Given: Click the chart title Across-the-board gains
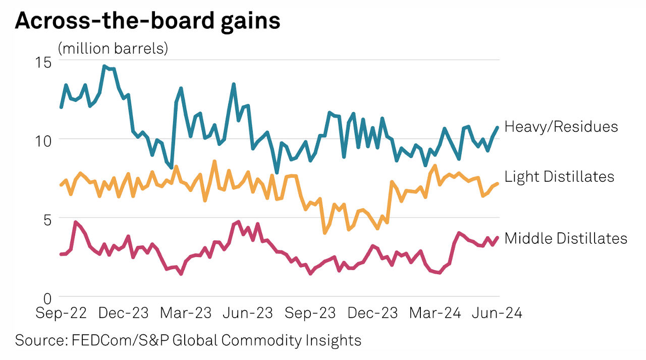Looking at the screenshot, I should click(147, 22).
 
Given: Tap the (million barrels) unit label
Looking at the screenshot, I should click(113, 49).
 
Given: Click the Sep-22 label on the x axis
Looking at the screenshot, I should click(61, 313).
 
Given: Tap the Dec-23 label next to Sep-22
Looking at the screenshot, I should click(124, 313).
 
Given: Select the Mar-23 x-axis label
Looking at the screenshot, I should click(186, 313).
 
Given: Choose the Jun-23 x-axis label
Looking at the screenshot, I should click(248, 313).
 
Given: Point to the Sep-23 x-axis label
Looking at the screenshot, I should click(310, 313).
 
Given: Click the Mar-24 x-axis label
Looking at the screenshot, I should click(435, 313).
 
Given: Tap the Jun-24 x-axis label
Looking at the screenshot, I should click(497, 313).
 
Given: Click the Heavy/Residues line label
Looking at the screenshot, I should click(561, 126).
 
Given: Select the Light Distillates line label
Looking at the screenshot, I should click(559, 176).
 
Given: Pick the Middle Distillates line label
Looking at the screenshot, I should click(566, 238).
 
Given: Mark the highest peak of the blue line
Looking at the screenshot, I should click(104, 66).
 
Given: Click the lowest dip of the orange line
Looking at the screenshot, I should click(325, 233).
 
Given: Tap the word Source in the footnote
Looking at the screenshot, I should click(38, 340).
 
